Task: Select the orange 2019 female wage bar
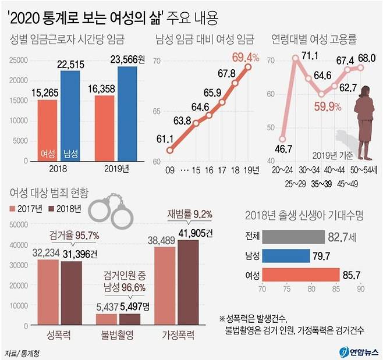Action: [104, 126]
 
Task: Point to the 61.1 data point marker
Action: [169, 150]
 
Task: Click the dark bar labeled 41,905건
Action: [191, 284]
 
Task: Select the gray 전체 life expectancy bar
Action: [293, 237]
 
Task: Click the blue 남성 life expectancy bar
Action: [285, 256]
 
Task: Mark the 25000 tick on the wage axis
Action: [19, 59]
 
